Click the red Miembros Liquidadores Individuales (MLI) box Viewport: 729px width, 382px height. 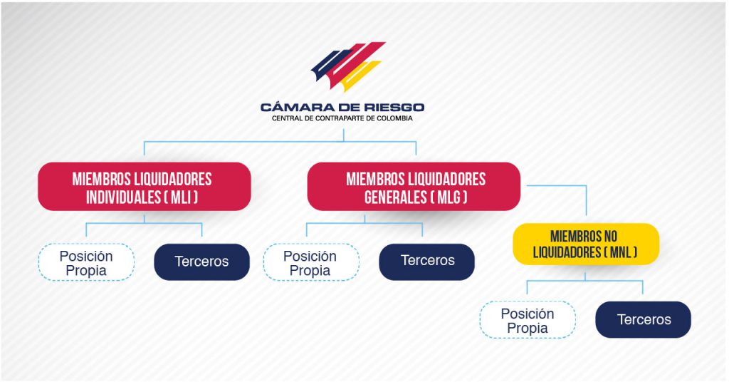[x=144, y=187]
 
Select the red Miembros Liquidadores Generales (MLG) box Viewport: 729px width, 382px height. [x=414, y=187]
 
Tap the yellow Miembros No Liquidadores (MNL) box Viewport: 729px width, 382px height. [x=586, y=244]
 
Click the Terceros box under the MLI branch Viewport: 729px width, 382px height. [x=201, y=262]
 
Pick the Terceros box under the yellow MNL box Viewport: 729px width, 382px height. [x=643, y=320]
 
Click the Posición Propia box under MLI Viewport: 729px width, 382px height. [x=86, y=262]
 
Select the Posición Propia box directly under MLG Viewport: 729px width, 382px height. [x=311, y=262]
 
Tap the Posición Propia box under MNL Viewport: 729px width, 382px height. [x=528, y=320]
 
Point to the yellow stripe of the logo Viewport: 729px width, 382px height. [x=361, y=76]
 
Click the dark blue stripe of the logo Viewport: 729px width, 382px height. [x=331, y=63]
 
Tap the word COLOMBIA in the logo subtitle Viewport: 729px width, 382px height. [x=394, y=118]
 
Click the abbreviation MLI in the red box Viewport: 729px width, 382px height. [x=182, y=197]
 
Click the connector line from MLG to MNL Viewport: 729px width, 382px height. [x=586, y=186]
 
